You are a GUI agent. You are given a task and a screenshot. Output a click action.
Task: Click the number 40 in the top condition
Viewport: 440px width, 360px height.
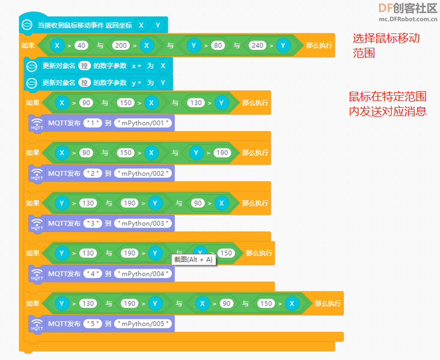click(81, 46)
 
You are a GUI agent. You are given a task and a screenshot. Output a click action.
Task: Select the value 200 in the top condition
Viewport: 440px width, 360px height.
click(121, 46)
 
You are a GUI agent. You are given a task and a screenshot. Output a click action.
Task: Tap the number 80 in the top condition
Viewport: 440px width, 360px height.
click(218, 46)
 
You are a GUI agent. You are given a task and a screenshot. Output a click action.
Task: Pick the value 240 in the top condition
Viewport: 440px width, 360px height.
click(257, 46)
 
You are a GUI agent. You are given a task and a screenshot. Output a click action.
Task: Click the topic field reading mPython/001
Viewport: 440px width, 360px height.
click(143, 123)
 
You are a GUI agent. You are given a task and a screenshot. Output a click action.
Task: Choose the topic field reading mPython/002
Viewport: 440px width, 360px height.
click(143, 173)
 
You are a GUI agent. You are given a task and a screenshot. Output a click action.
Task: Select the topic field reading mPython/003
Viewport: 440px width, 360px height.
click(143, 224)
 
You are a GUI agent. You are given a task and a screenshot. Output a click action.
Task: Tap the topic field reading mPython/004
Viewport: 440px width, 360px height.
click(143, 274)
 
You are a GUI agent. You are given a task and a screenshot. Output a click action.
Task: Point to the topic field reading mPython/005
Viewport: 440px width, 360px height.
click(143, 324)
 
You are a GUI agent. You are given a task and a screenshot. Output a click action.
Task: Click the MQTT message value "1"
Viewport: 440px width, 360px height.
click(92, 123)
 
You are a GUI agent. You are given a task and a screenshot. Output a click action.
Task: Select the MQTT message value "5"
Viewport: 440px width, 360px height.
click(92, 324)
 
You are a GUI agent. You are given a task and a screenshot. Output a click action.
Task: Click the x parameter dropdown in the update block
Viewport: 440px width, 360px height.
click(136, 66)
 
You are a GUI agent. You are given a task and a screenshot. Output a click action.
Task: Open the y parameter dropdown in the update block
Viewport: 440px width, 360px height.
click(136, 83)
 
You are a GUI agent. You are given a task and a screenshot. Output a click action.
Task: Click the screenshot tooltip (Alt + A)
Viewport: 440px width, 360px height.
click(194, 259)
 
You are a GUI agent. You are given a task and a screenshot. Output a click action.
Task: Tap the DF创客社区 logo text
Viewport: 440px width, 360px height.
click(408, 8)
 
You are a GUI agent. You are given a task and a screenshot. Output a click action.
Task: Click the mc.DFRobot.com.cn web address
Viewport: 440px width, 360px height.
click(408, 19)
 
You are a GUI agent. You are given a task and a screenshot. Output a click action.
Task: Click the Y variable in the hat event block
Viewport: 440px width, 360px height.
click(158, 25)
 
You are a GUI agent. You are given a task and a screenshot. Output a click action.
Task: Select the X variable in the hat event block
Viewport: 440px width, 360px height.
click(141, 25)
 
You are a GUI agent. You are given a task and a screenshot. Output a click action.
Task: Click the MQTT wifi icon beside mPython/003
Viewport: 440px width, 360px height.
click(37, 224)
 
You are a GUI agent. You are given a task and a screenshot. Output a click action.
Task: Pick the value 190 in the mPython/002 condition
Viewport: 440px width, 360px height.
click(222, 153)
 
